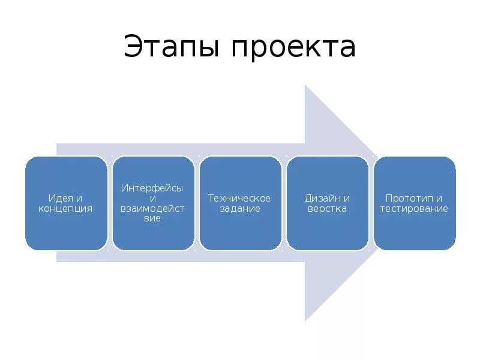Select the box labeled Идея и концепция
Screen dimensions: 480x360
click(x=66, y=203)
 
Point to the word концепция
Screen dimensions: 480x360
click(x=65, y=209)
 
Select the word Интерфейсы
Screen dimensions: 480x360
click(x=152, y=188)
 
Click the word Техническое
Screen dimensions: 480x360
click(x=239, y=198)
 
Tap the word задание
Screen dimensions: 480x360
click(x=239, y=209)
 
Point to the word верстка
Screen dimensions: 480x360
click(x=327, y=209)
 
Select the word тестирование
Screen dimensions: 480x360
click(x=414, y=209)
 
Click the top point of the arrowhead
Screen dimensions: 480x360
click(x=305, y=86)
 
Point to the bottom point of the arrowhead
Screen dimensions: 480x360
click(x=305, y=320)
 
